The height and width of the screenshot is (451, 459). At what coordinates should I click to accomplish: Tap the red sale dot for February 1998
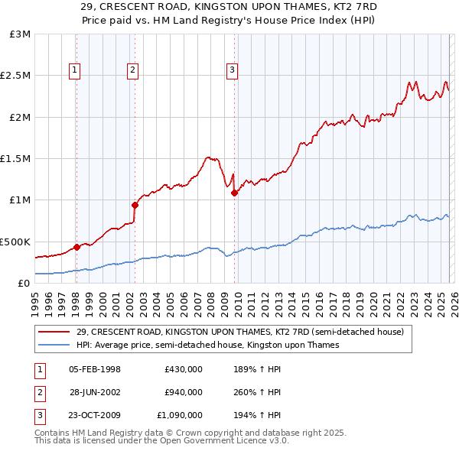76,247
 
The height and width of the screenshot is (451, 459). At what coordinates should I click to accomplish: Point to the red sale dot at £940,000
135,205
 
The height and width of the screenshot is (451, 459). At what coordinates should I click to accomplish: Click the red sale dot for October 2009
234,193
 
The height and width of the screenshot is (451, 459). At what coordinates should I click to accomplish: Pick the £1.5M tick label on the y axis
17,158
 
